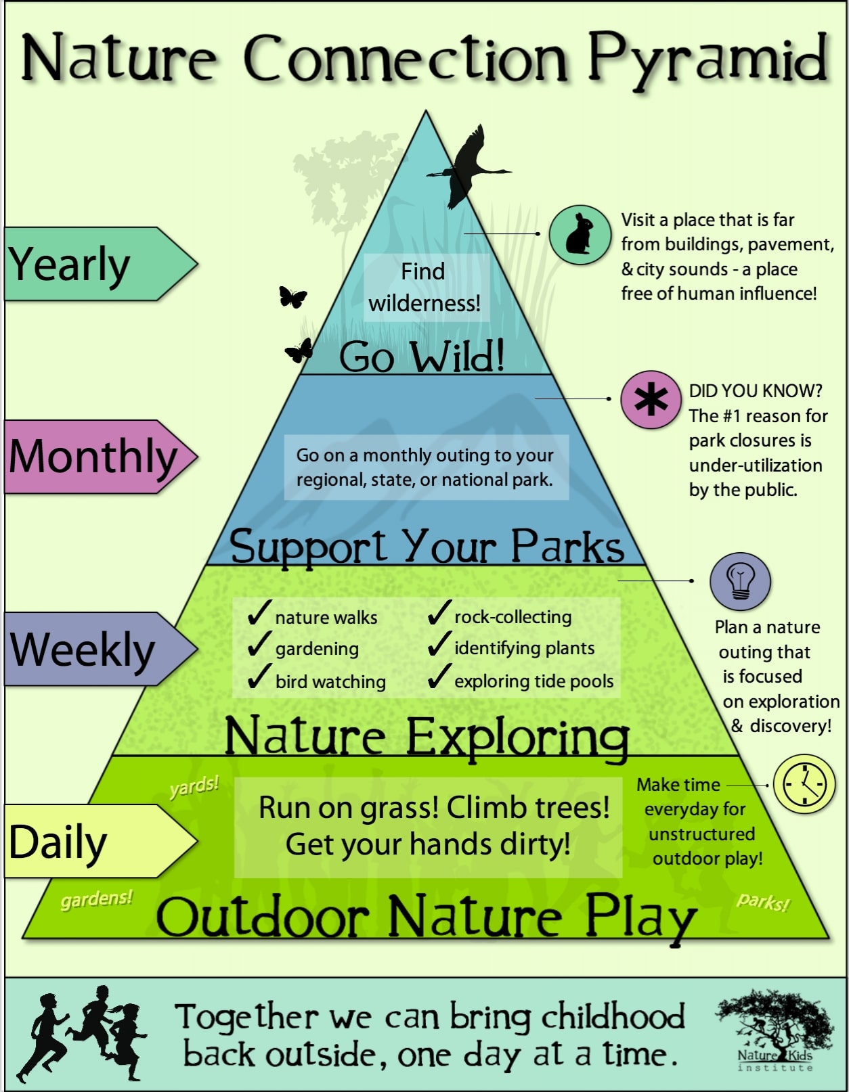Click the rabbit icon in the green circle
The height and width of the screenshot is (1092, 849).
[580, 235]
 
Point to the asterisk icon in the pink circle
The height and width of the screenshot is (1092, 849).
[651, 400]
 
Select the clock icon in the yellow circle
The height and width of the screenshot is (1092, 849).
[804, 784]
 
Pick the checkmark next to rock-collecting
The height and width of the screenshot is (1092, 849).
[439, 612]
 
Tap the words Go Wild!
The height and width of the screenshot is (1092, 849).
[422, 357]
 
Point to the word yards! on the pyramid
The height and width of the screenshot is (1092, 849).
[194, 787]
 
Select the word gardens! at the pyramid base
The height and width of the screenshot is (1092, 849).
[96, 899]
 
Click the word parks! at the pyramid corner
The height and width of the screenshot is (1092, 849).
[763, 901]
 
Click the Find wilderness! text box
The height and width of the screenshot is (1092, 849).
[424, 288]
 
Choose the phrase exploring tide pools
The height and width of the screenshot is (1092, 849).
[534, 681]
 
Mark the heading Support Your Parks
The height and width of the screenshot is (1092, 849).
[427, 546]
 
